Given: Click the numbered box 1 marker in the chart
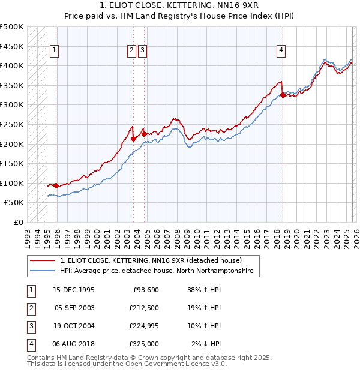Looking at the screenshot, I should pyautogui.click(x=55, y=51).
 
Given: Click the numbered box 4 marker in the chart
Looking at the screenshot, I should pyautogui.click(x=281, y=51).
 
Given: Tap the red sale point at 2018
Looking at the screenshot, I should pyautogui.click(x=283, y=95).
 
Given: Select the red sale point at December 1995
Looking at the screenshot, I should pyautogui.click(x=56, y=185).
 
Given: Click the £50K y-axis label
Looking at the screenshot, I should pyautogui.click(x=14, y=203).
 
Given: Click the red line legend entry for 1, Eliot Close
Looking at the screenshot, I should pyautogui.click(x=151, y=261).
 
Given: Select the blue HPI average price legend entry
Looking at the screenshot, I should pyautogui.click(x=157, y=271).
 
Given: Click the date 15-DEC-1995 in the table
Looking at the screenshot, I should pyautogui.click(x=73, y=290).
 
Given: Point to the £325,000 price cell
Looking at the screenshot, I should pyautogui.click(x=143, y=344).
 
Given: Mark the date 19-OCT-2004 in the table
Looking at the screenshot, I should pyautogui.click(x=74, y=326).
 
